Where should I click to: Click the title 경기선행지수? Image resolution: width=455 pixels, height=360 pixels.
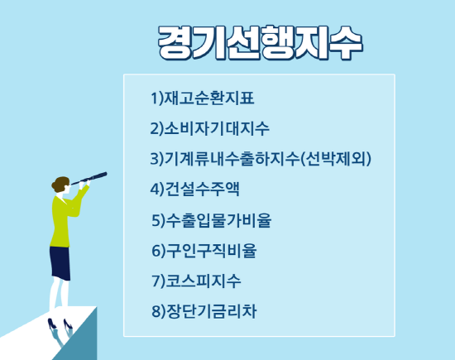coord(261,43)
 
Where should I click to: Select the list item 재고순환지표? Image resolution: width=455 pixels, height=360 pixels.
coord(209,98)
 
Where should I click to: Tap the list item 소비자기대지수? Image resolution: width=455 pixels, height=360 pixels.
coord(217,128)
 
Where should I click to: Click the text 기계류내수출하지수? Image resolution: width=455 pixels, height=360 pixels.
coord(232,159)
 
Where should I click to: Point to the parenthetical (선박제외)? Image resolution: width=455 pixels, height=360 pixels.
coord(336,159)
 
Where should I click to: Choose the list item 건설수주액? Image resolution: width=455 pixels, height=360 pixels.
coord(202,190)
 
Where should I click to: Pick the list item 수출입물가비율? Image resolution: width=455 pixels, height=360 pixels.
coord(218,220)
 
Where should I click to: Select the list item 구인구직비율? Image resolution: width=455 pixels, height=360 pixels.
coord(211,251)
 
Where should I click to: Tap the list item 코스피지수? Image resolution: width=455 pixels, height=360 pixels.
coord(204,281)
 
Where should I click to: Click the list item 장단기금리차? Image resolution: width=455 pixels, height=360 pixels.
coord(211,311)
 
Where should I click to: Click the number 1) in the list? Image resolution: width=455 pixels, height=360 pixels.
coord(157,98)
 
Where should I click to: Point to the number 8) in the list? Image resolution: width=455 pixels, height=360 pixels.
coord(159,312)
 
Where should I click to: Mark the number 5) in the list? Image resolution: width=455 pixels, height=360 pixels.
coord(159,220)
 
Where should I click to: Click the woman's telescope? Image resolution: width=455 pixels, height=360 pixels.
coord(89,178)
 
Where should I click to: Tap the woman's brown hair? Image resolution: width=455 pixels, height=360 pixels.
coord(60,184)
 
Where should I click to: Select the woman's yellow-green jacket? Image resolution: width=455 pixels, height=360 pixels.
coord(64,219)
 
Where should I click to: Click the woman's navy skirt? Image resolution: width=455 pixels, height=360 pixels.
coord(60,263)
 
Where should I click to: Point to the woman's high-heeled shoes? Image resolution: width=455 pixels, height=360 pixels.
coord(60,324)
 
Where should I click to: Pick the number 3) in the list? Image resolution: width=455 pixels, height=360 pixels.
coord(157,159)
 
